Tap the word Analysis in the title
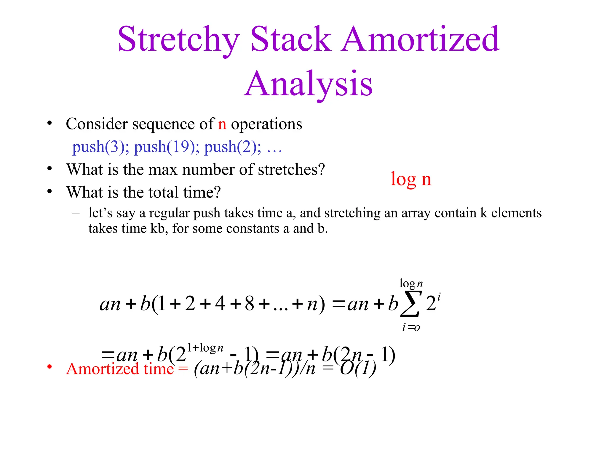tap(308, 84)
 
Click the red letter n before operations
tap(222, 124)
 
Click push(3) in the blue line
tap(100, 147)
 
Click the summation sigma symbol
tap(410, 304)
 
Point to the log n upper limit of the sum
tap(411, 284)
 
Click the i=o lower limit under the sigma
tap(411, 327)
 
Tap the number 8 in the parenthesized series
tap(249, 304)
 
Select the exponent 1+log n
tap(205, 347)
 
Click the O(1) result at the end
tap(358, 369)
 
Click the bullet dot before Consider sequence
tap(49, 123)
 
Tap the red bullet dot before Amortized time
tap(49, 367)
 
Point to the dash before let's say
tap(76, 213)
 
